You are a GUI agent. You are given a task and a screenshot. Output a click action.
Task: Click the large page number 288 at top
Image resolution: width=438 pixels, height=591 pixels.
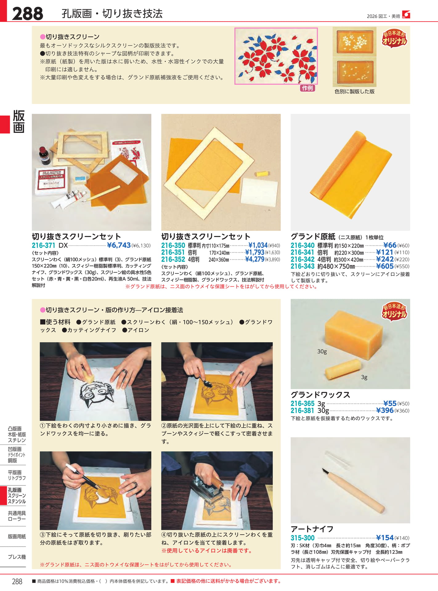(x=27, y=14)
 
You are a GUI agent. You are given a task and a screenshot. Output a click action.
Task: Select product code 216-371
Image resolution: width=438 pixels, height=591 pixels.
(x=43, y=245)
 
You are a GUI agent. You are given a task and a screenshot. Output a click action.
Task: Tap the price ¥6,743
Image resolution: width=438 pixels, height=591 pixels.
(x=119, y=245)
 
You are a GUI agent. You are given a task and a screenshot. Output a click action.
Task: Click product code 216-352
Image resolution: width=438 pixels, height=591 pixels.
(x=173, y=259)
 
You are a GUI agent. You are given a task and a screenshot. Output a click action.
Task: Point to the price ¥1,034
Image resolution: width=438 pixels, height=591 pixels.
(x=258, y=245)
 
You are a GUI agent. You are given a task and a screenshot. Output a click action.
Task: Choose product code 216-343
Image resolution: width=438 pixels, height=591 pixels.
(x=302, y=266)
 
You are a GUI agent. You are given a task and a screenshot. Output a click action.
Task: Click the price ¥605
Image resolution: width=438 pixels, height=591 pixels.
(x=385, y=266)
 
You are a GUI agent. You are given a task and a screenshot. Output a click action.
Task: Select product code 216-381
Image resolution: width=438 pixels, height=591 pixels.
(x=302, y=411)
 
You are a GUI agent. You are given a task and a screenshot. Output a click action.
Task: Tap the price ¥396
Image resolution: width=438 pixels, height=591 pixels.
(x=385, y=410)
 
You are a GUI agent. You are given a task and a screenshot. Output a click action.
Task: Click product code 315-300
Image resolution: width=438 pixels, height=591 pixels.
(x=302, y=538)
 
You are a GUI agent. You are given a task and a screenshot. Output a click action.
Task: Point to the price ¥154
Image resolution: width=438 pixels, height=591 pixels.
(x=385, y=538)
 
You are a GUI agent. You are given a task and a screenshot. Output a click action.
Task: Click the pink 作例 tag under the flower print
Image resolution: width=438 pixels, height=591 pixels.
(x=307, y=88)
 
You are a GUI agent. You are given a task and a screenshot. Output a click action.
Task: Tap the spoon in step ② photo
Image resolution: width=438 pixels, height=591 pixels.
(x=205, y=381)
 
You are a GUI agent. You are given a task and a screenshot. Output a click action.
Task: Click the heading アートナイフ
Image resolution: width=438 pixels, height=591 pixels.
(x=312, y=529)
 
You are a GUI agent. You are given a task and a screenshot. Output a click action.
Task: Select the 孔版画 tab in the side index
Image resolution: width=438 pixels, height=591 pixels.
(x=14, y=490)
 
